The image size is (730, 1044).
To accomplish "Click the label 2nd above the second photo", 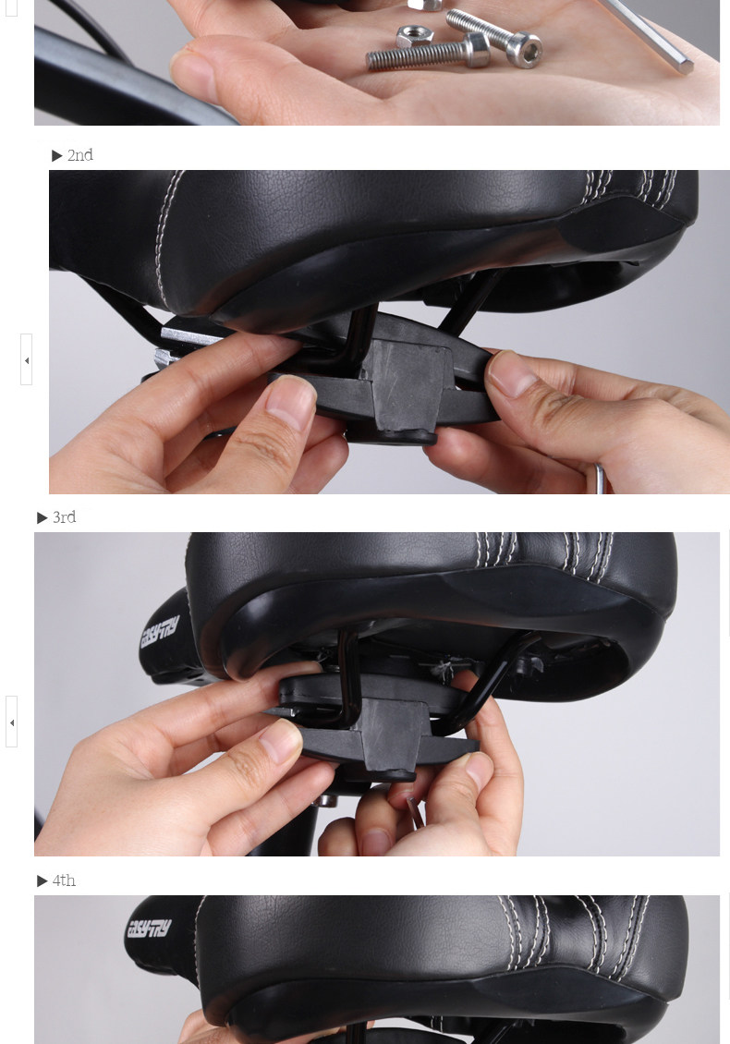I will [80, 155].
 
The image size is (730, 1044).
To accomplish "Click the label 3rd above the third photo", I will [65, 517].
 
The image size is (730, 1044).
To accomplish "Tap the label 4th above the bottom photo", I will [64, 880].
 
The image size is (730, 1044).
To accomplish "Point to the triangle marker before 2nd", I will [57, 155].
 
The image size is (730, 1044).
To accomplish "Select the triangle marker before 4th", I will [43, 880].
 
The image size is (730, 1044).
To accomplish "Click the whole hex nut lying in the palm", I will [414, 38].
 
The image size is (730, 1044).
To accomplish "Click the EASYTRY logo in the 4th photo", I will [148, 928].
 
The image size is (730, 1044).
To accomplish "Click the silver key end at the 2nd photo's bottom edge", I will [600, 480].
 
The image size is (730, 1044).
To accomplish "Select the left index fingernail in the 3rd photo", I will [282, 741].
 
